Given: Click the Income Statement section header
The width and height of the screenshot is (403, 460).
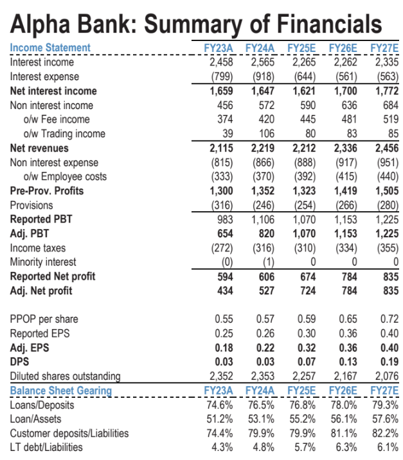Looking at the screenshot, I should (x=50, y=48).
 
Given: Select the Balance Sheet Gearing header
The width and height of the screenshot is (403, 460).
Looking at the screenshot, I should (x=61, y=391).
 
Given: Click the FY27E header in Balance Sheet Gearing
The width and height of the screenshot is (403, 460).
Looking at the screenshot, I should (x=384, y=391).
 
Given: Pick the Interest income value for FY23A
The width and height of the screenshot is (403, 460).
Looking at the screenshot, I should (x=222, y=62).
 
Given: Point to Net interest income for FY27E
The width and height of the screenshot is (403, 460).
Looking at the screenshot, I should (x=386, y=91).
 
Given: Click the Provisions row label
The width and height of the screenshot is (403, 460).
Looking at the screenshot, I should (x=31, y=205).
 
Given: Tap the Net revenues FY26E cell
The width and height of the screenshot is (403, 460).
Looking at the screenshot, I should (x=346, y=148).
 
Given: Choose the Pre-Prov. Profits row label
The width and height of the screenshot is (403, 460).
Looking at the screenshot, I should (x=47, y=191).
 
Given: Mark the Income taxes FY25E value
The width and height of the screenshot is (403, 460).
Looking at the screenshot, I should (x=304, y=248).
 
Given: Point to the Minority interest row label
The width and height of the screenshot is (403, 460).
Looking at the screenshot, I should (x=43, y=262).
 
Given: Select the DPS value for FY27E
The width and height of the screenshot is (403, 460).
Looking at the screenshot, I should (x=388, y=362).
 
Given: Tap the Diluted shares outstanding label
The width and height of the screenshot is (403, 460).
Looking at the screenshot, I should (x=65, y=376).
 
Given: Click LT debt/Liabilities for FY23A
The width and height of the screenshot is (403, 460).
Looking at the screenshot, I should (x=222, y=447).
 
